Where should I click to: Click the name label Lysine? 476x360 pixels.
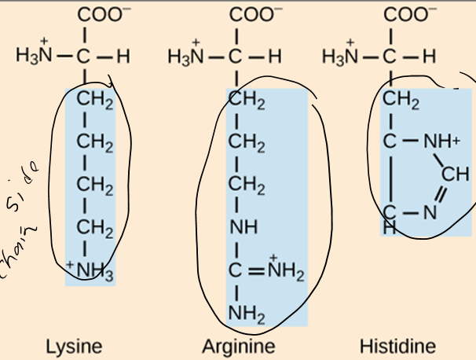pyautogui.click(x=74, y=346)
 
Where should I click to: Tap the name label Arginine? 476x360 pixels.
pyautogui.click(x=238, y=346)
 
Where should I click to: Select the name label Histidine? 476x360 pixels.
pyautogui.click(x=397, y=346)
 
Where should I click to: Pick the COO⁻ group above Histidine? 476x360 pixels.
pyautogui.click(x=405, y=14)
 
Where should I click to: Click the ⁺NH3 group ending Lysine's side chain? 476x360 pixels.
pyautogui.click(x=93, y=274)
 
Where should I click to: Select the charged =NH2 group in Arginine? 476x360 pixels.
pyautogui.click(x=282, y=274)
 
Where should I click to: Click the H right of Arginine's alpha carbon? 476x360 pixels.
pyautogui.click(x=274, y=57)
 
